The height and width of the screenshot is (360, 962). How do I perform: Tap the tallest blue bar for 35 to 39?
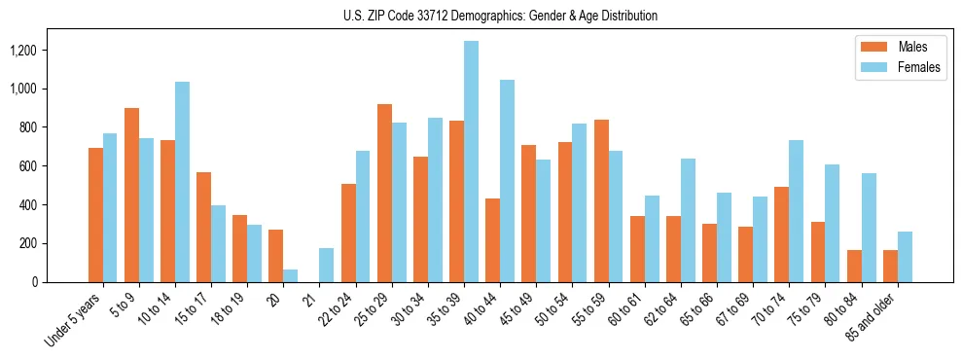(x=471, y=162)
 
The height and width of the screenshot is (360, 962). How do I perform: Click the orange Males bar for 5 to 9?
(x=131, y=195)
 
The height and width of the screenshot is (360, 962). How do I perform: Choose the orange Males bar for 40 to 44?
(x=492, y=240)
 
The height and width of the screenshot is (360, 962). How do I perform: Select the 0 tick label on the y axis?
(x=61, y=282)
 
